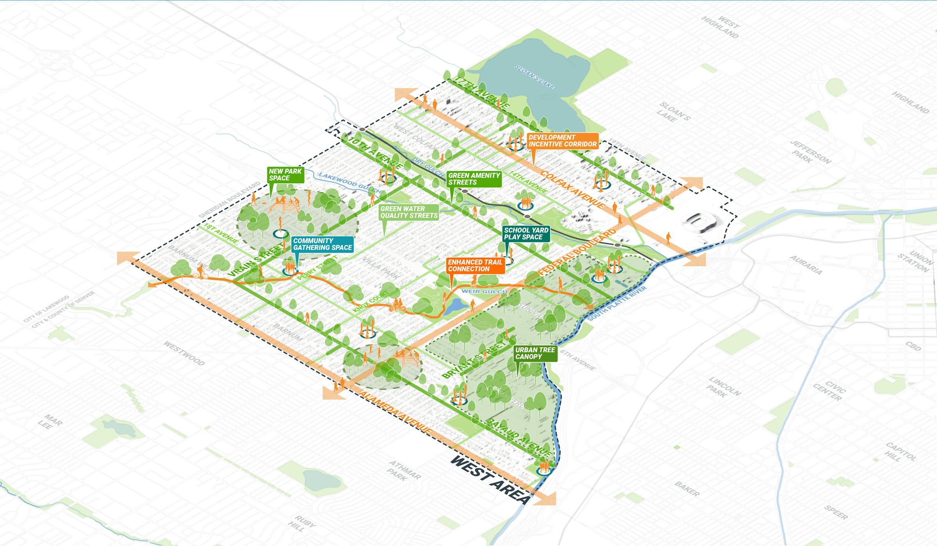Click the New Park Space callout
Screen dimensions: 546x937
(x=285, y=175)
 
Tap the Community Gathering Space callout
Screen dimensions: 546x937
(x=322, y=244)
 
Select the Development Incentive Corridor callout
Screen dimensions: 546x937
(x=563, y=141)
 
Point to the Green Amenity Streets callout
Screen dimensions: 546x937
(x=474, y=179)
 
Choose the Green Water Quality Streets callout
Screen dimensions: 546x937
(x=409, y=212)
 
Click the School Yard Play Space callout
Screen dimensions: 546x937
(x=526, y=234)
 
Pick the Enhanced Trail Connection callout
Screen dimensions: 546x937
(x=475, y=266)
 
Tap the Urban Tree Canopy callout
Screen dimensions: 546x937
(x=535, y=353)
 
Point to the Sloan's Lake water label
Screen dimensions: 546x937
(x=534, y=77)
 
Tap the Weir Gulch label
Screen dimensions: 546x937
(x=485, y=291)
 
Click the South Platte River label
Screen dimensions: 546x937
(x=617, y=303)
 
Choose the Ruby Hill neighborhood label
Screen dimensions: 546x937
(x=301, y=523)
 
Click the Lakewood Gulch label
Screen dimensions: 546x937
(x=349, y=182)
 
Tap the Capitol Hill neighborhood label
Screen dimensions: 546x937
(x=900, y=452)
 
